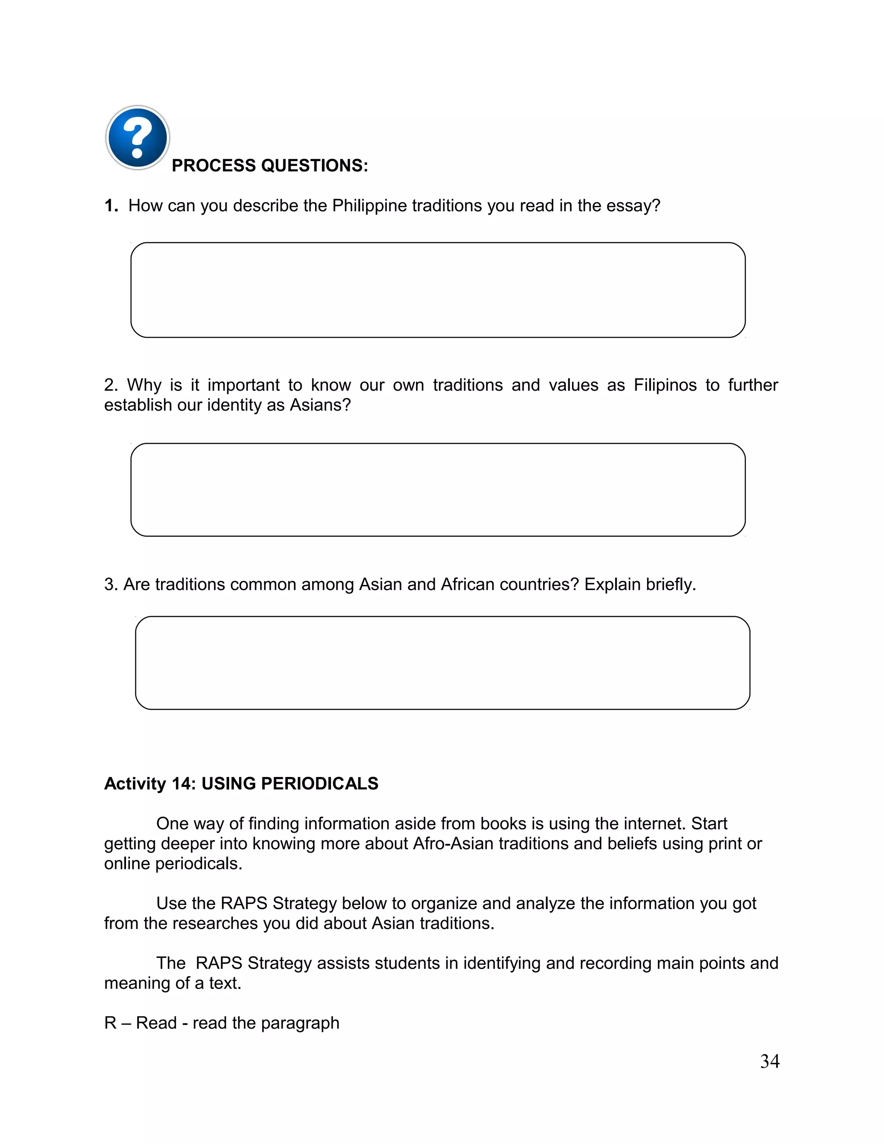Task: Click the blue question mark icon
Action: coord(137,138)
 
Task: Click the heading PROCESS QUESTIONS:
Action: coord(270,165)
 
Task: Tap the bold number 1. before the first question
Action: coord(110,206)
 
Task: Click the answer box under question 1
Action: coord(438,290)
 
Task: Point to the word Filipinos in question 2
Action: coord(665,385)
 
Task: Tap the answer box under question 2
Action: coord(438,490)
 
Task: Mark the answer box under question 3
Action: coord(442,663)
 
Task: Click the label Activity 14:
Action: coord(150,784)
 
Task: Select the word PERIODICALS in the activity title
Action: coord(319,784)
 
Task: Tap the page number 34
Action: coord(770,1062)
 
